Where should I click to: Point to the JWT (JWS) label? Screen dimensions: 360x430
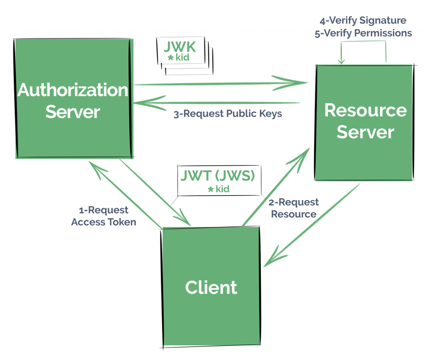pos(218,175)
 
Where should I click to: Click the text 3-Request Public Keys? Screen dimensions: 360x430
pos(228,114)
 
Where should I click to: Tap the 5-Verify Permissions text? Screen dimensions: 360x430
pos(363,33)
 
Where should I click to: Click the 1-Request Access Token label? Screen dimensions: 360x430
pos(103,216)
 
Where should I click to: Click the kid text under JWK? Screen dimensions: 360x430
pos(183,57)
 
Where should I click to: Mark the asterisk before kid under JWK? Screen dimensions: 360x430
pos(170,57)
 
